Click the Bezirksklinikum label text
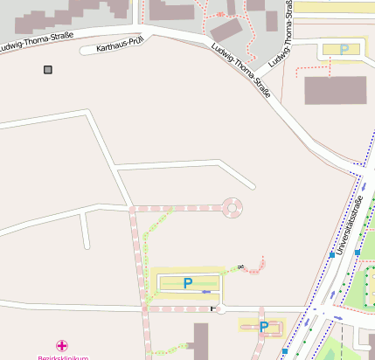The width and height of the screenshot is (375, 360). (x=62, y=357)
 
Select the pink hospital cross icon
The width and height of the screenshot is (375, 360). (x=62, y=346)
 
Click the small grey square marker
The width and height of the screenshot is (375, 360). (x=47, y=69)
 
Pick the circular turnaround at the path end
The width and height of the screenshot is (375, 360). (x=233, y=207)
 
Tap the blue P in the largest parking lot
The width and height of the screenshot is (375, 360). (x=187, y=282)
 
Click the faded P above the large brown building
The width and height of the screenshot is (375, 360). (x=344, y=50)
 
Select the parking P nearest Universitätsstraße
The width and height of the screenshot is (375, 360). (x=263, y=327)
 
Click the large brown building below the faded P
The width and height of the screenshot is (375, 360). (x=335, y=90)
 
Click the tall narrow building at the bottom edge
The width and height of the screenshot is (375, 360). (x=201, y=342)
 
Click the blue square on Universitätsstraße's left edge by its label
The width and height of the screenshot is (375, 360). (x=358, y=253)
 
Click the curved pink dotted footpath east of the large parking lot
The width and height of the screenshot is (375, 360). (x=254, y=265)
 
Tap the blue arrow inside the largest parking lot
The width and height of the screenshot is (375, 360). (x=206, y=291)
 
